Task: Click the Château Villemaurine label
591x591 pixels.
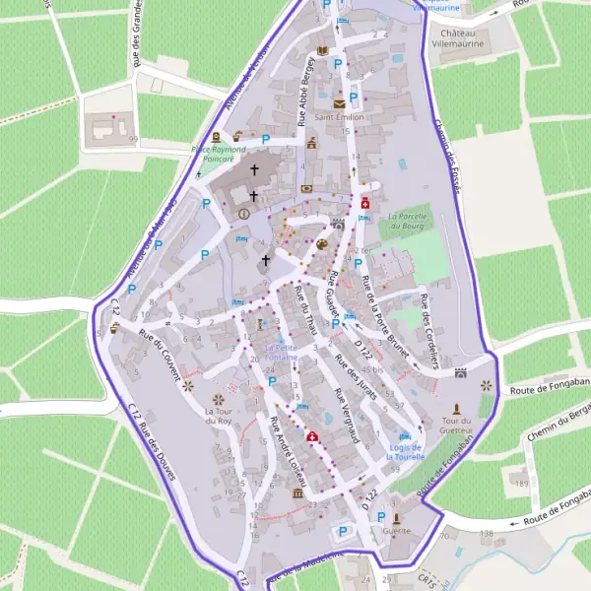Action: pos(459,38)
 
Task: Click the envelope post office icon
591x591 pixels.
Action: pos(340,102)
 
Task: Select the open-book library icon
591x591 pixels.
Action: pos(322,51)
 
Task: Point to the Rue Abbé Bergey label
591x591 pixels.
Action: pos(307,102)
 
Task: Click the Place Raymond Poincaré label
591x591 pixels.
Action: pos(213,153)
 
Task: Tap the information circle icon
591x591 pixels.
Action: pos(244,213)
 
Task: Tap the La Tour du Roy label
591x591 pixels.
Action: pos(218,415)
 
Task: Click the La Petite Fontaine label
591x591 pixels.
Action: pos(281,352)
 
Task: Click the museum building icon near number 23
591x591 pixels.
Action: pos(297,492)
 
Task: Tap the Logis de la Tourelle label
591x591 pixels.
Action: pos(405,452)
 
